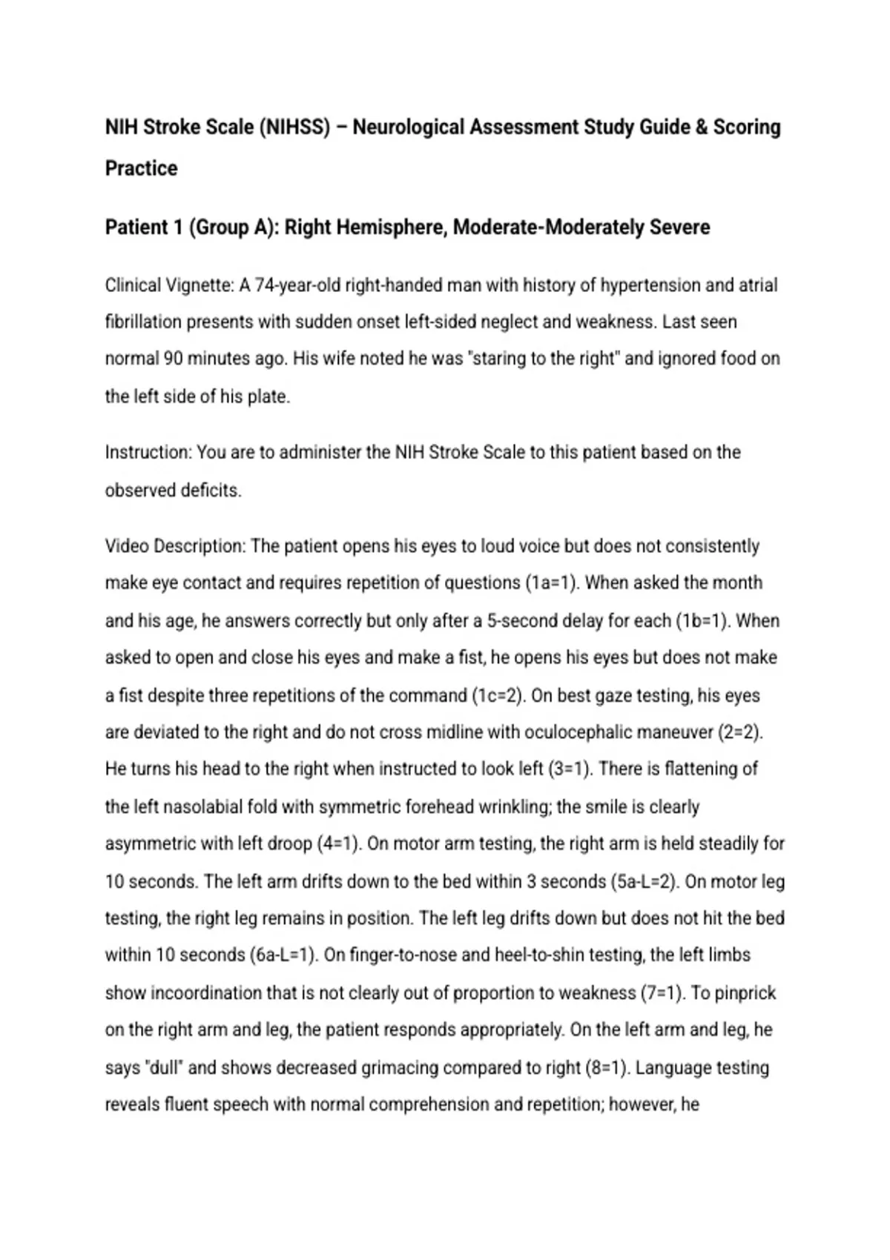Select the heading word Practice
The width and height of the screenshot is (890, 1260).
pos(141,168)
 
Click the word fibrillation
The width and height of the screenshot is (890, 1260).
pos(143,322)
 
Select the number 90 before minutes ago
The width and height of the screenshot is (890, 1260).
pos(173,359)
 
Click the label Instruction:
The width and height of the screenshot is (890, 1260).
pos(148,452)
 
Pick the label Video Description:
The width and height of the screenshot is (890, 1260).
pos(175,546)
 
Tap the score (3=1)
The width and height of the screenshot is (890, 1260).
pos(570,769)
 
